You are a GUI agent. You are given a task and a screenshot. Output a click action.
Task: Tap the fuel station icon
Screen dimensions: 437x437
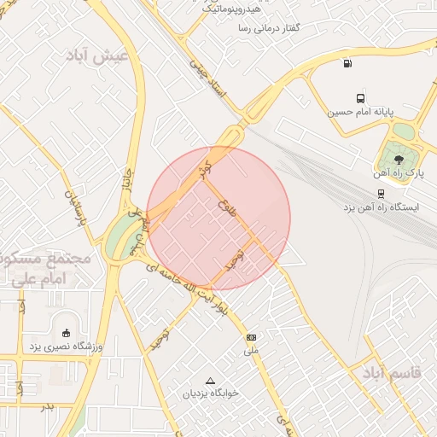click(347, 62)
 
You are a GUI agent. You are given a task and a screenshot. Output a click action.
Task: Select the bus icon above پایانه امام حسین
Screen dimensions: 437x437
click(360, 98)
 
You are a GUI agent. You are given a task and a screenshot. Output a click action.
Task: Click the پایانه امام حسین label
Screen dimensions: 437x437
click(361, 112)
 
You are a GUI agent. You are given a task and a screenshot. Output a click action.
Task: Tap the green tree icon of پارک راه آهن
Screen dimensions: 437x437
click(395, 156)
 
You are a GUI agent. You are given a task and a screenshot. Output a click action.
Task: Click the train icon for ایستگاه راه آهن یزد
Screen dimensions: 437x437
click(378, 194)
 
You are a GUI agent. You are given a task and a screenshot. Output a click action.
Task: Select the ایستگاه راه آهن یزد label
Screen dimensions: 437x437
click(382, 207)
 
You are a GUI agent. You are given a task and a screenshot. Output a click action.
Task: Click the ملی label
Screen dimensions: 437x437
click(251, 351)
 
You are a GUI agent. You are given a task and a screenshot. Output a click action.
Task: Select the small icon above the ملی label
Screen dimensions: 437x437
click(251, 338)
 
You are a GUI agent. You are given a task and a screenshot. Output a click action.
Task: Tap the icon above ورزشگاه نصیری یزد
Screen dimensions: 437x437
click(67, 332)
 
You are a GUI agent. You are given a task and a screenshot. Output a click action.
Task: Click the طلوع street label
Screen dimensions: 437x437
click(227, 208)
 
